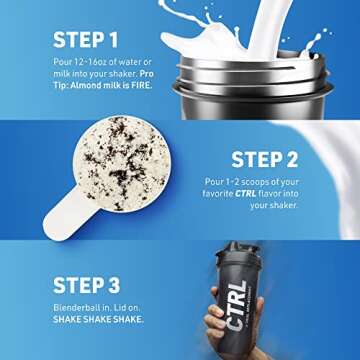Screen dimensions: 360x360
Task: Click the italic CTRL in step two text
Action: (255, 193)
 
